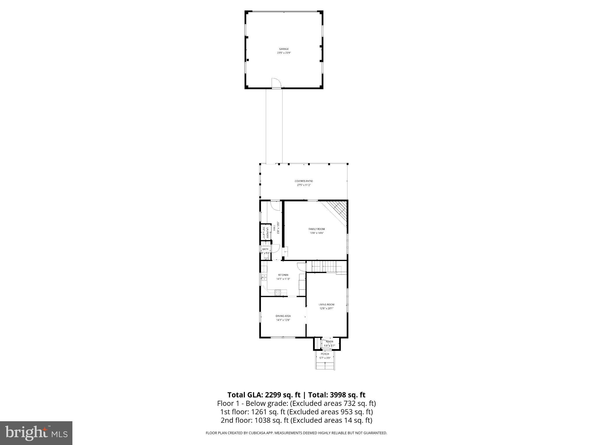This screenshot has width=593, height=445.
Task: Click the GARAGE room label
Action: point(284,49)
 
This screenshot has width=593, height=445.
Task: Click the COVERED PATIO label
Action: point(304,181)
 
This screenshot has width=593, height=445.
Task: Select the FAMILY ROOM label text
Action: point(316,229)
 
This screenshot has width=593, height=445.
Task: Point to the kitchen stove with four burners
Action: point(278,293)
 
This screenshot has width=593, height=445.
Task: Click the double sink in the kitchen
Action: point(264,277)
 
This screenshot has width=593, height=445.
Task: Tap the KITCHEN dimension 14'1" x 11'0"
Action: point(283,279)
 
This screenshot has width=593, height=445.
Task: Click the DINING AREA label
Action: point(283,316)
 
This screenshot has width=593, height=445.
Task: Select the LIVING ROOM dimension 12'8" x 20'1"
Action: point(326,309)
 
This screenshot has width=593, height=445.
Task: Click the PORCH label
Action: point(325,354)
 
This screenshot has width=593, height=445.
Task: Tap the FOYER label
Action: point(330,342)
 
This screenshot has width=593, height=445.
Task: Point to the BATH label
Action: point(265,249)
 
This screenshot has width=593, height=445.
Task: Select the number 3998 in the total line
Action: point(338,395)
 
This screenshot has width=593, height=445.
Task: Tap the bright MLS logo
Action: point(36,433)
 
